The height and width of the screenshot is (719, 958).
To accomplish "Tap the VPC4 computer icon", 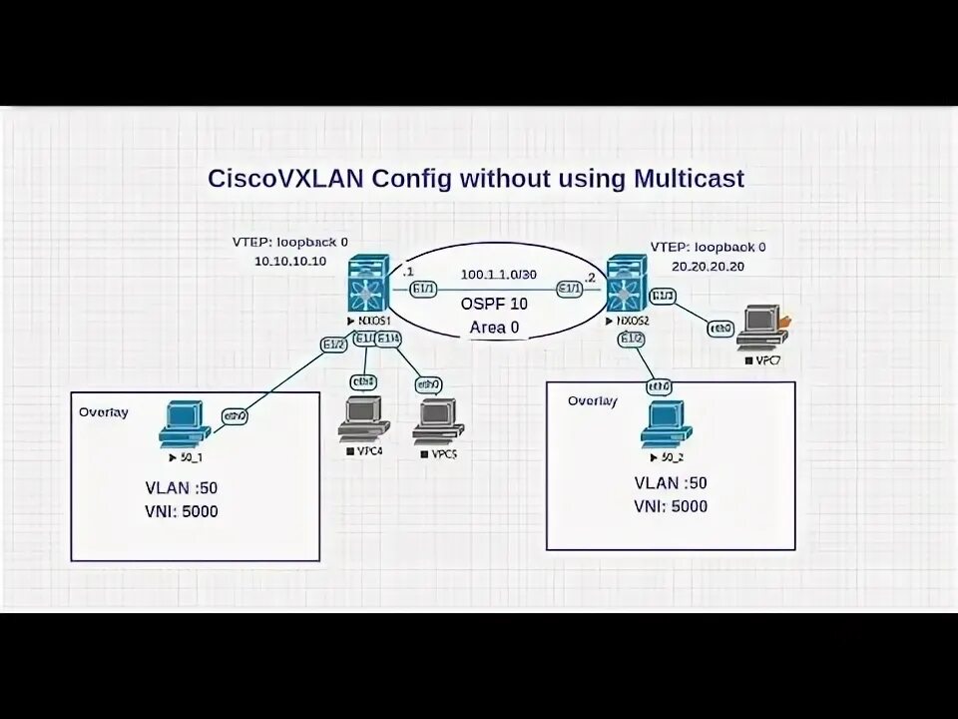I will (x=361, y=421).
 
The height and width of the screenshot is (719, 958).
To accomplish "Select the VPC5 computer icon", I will (x=437, y=421).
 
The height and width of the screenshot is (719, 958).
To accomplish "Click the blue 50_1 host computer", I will (x=185, y=422).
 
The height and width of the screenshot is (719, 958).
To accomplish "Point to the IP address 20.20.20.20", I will (x=707, y=267).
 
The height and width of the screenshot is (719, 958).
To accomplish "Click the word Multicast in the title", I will (x=688, y=179).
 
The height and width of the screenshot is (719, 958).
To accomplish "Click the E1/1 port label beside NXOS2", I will (x=570, y=290).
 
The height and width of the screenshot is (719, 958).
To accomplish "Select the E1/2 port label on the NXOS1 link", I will (x=333, y=345).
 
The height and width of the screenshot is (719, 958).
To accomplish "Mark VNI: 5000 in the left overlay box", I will (x=182, y=512).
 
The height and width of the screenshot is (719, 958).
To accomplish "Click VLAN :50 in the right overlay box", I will (x=671, y=483).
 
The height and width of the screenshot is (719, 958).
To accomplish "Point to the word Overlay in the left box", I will (x=104, y=411).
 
